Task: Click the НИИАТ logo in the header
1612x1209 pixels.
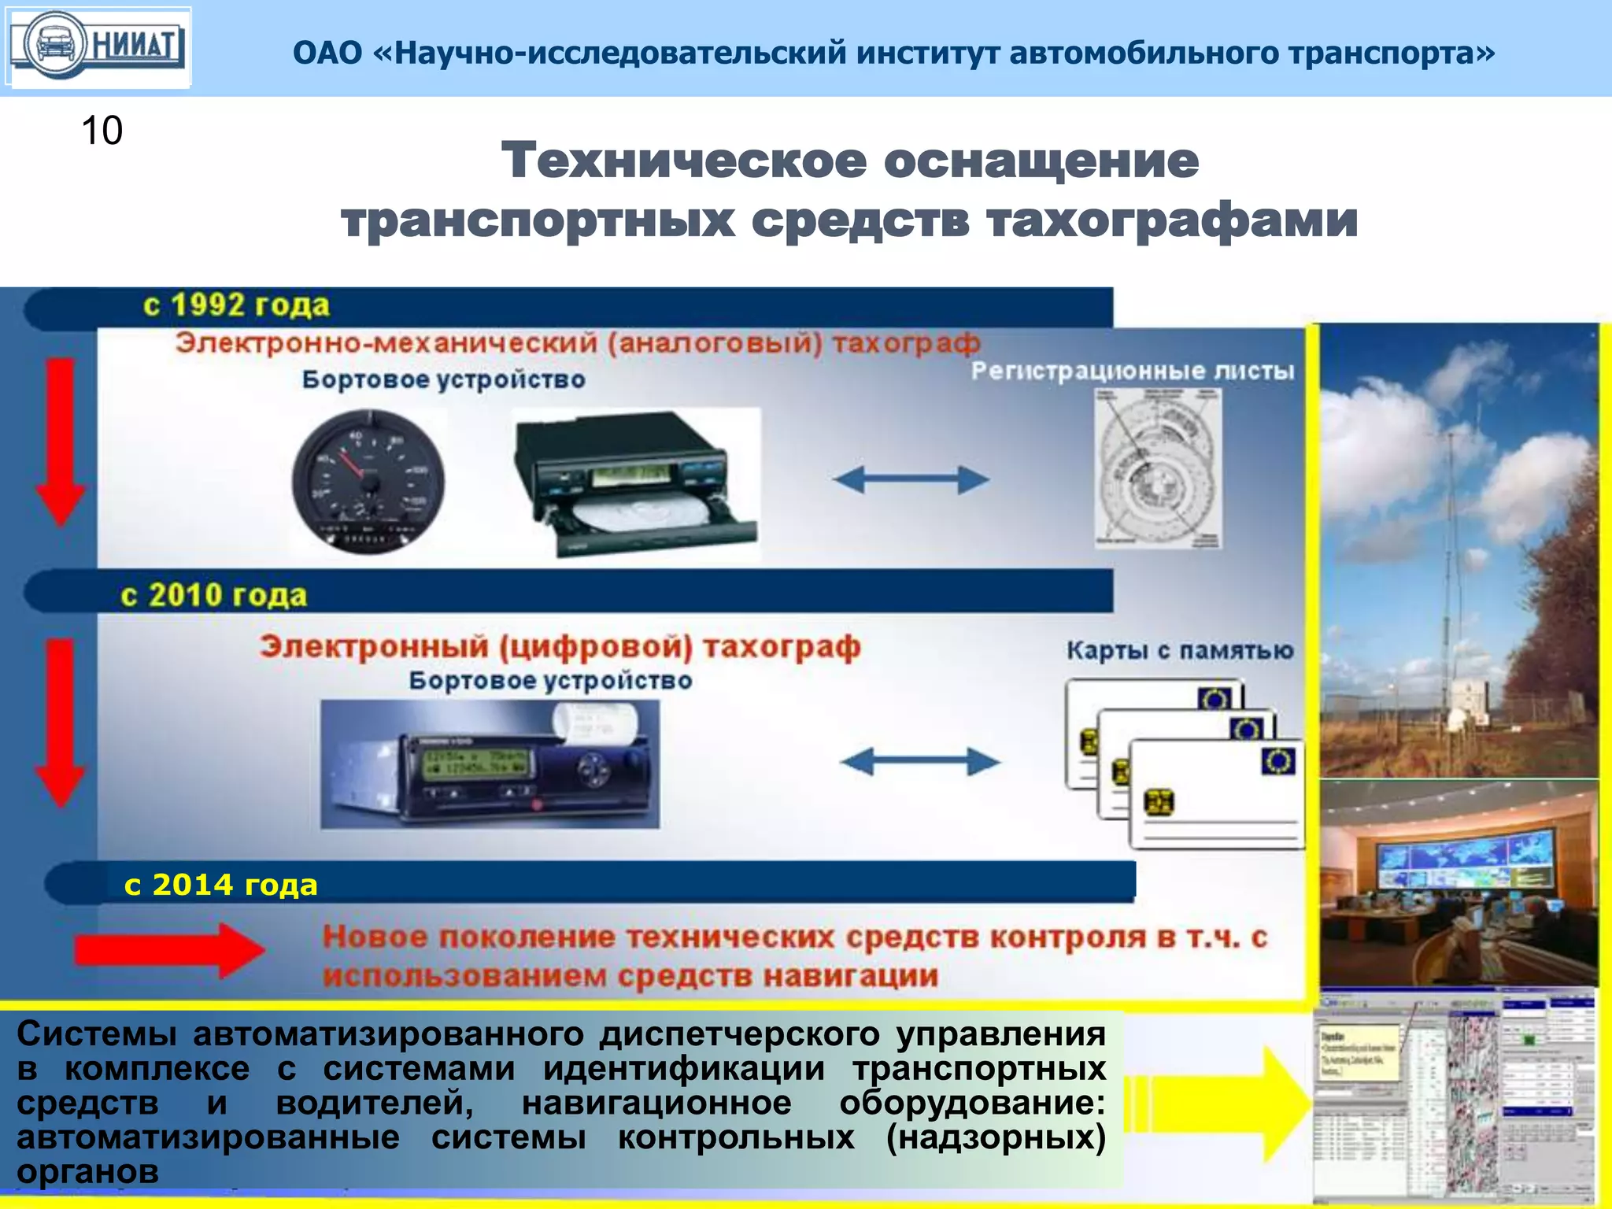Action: pos(98,46)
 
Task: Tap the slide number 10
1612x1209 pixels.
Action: pos(102,131)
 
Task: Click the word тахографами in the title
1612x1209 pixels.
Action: pos(1171,220)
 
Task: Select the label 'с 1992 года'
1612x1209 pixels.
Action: pos(236,305)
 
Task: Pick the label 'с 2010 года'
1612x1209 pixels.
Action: pos(213,595)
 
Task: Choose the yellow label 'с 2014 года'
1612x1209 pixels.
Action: pos(220,885)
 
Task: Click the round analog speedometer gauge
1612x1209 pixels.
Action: pos(368,481)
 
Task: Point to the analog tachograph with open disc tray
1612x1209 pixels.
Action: pos(634,482)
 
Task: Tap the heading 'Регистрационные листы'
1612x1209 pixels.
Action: pos(1132,371)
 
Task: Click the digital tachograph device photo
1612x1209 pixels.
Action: pos(490,764)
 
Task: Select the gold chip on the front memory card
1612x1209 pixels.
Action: pos(1159,803)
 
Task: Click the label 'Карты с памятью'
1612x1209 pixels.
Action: pos(1179,651)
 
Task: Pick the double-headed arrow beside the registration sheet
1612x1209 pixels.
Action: pos(911,479)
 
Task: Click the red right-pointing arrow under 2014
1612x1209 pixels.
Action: pos(169,950)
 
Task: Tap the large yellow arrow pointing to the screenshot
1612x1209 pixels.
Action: pos(1228,1104)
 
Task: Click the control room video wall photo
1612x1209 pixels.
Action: pos(1458,882)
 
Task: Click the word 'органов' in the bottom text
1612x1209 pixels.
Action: pos(88,1172)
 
